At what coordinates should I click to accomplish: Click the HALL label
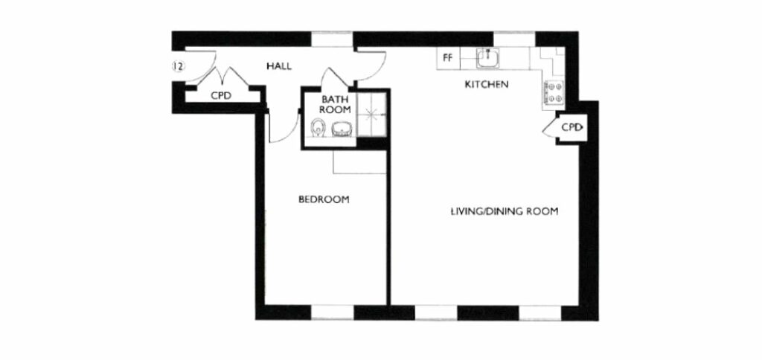click(278, 66)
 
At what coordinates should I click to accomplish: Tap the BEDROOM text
click(324, 199)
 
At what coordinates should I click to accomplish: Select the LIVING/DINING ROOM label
click(505, 210)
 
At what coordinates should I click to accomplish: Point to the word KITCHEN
click(486, 85)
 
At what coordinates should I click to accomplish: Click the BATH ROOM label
click(336, 104)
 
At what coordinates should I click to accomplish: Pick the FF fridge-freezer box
click(448, 57)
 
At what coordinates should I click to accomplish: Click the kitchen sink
click(490, 57)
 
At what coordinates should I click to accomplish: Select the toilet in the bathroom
click(318, 129)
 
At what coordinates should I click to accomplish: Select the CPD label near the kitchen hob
click(571, 127)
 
